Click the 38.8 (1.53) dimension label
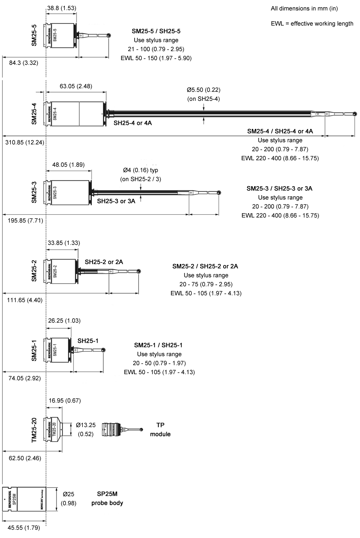click(62, 8)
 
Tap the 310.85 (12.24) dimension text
click(25, 142)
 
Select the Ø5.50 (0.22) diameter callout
click(203, 90)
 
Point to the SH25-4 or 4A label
click(133, 123)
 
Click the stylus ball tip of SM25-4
click(355, 114)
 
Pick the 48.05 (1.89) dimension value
click(68, 165)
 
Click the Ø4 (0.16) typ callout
click(140, 170)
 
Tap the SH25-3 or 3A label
click(116, 201)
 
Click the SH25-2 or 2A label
click(104, 262)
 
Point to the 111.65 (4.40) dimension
click(25, 300)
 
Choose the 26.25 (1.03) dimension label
click(64, 320)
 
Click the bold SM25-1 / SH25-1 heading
click(158, 345)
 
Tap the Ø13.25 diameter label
click(86, 425)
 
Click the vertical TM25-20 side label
click(34, 430)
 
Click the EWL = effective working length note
click(312, 24)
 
